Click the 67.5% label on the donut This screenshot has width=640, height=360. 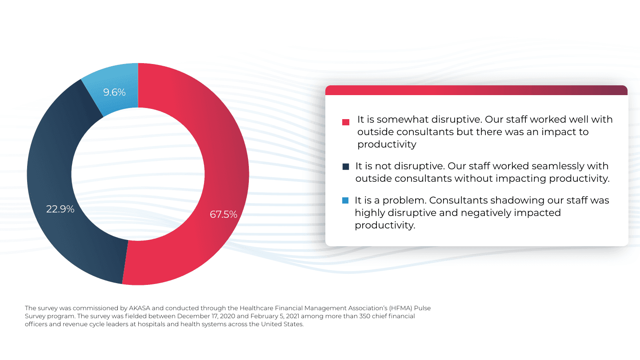coord(224,214)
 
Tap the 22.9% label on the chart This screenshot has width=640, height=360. coord(60,208)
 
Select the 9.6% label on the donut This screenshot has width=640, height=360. coord(114,92)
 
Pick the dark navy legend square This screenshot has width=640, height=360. coord(346,166)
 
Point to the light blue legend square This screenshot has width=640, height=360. coord(345,201)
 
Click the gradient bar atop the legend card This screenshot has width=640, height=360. coord(476,90)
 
